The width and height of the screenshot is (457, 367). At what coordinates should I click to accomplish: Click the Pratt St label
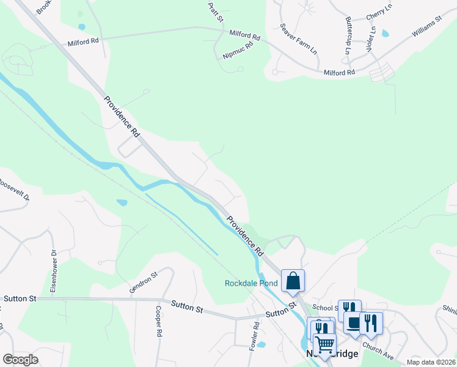[x=216, y=12]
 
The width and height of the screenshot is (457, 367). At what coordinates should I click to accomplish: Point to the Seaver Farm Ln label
[x=299, y=40]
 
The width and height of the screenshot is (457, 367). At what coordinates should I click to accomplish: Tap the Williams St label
[x=426, y=27]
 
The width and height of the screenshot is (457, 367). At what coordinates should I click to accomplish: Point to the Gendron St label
[x=144, y=283]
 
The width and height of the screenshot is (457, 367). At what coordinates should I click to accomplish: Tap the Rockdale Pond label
[x=251, y=283]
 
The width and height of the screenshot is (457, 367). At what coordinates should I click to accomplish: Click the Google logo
[x=20, y=360]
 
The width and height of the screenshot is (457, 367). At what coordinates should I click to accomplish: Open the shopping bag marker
[x=293, y=281]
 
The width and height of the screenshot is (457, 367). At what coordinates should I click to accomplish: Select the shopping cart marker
[x=324, y=345]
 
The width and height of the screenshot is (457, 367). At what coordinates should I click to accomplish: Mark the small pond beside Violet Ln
[x=385, y=34]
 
